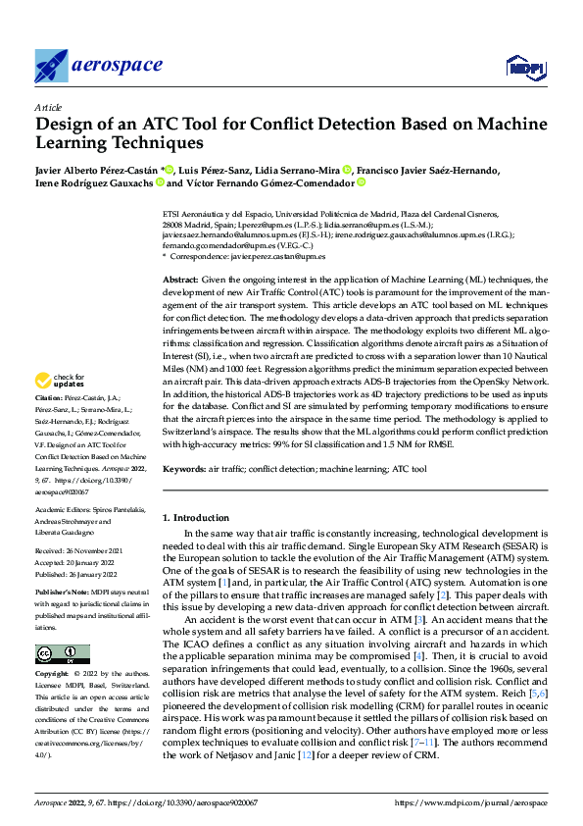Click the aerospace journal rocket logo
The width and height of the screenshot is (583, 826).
pyautogui.click(x=51, y=66)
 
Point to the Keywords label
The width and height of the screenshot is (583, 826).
pyautogui.click(x=183, y=471)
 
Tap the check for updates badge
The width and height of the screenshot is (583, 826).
pyautogui.click(x=62, y=380)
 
